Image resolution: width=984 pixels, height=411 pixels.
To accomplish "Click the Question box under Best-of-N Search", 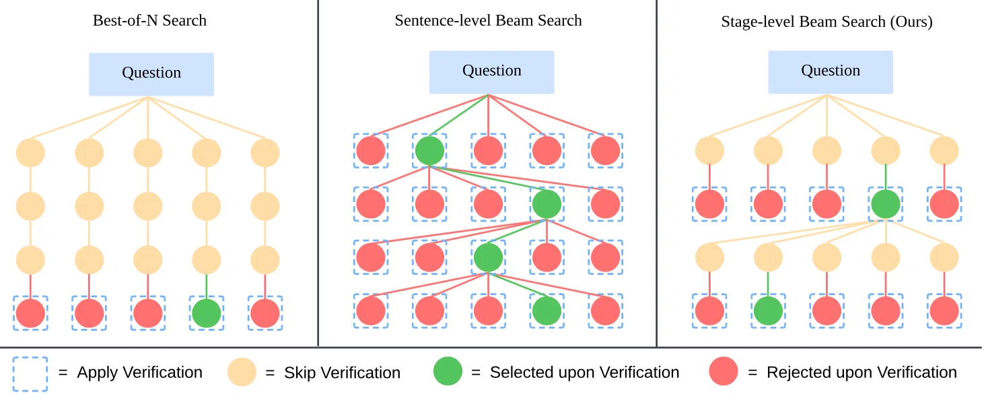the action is point(151,74).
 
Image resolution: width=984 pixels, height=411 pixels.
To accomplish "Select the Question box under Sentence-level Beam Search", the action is point(491,72).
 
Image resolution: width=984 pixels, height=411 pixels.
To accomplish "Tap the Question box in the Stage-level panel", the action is point(831,72).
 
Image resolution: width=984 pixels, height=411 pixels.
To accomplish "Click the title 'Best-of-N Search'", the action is point(149,21).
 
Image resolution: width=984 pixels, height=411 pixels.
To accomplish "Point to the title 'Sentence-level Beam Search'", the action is point(488,21).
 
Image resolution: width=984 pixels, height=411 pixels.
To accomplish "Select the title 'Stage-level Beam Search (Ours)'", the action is point(827,22).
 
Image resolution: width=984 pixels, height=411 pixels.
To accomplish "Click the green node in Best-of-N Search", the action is point(207,313).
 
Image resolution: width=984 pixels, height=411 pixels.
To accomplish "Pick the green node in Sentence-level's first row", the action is point(429,151).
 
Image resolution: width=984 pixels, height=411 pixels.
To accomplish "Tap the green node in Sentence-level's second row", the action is point(547,204).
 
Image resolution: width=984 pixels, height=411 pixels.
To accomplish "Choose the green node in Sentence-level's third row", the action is point(488,257).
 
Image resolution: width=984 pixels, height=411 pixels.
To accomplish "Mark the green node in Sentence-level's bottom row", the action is point(547,311).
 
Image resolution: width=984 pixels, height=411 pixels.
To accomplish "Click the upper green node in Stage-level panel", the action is point(886,204).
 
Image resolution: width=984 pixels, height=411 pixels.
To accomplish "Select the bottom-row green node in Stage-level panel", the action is point(769,311).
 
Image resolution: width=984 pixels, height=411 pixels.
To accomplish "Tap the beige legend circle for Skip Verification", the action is point(242,372).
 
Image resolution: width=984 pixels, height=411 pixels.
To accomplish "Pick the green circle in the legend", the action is point(448,371).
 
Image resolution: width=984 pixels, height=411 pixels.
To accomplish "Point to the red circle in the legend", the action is point(723,371).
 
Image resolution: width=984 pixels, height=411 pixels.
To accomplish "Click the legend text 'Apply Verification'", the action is point(140,373).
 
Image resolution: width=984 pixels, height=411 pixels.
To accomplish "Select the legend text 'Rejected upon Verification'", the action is point(862,373).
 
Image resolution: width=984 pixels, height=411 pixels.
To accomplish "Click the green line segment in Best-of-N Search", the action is point(207,286).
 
